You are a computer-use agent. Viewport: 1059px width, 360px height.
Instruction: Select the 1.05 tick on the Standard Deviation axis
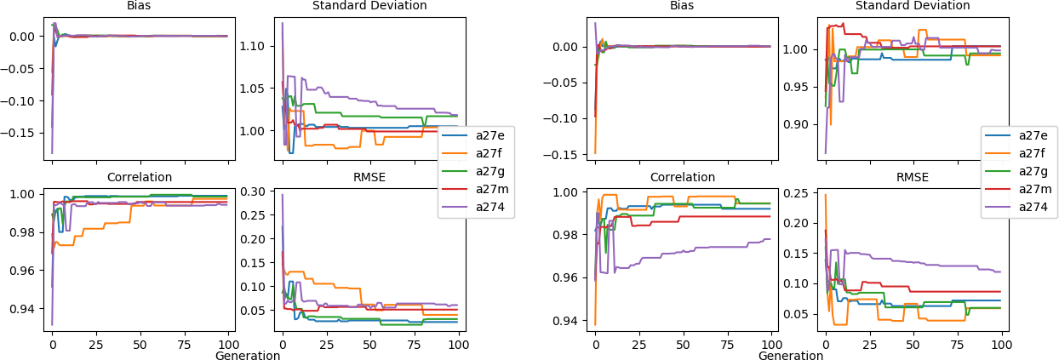pyautogui.click(x=256, y=89)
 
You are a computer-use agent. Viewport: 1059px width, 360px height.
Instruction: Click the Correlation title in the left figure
pyautogui.click(x=140, y=178)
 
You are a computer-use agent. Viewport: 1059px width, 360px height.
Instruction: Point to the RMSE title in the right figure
pyautogui.click(x=913, y=178)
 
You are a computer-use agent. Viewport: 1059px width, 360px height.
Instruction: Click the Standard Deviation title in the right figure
pyautogui.click(x=913, y=6)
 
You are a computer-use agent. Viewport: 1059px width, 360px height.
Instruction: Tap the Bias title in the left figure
pyautogui.click(x=140, y=6)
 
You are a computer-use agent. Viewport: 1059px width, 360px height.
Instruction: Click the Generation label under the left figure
pyautogui.click(x=248, y=356)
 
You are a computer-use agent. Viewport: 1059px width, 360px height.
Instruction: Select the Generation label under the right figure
pyautogui.click(x=791, y=356)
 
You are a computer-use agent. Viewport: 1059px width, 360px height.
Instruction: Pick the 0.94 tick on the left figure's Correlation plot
pyautogui.click(x=25, y=309)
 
